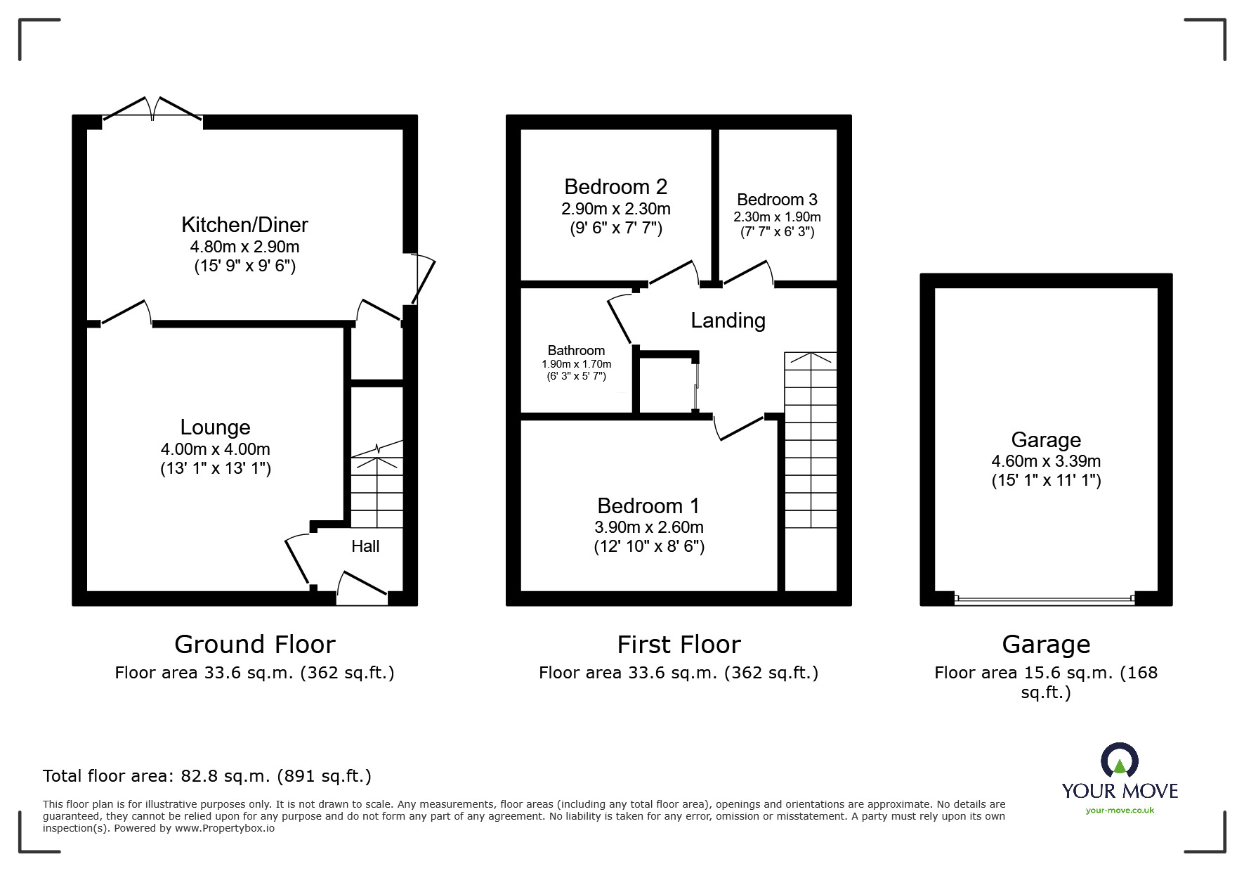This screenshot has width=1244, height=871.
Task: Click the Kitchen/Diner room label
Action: [244, 225]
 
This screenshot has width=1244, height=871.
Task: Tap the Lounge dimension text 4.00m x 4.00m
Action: [215, 449]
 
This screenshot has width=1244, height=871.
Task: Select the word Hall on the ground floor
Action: [365, 546]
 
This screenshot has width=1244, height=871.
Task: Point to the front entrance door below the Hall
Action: [362, 589]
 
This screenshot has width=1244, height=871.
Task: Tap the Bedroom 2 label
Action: [615, 187]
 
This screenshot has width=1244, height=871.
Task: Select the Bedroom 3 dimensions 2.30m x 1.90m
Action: [777, 217]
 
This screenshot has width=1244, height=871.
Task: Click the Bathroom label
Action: [576, 351]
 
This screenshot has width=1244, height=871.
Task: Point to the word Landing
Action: [728, 321]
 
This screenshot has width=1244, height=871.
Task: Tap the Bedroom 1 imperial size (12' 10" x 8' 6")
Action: [649, 546]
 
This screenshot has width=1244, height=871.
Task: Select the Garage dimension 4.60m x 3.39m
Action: [1045, 462]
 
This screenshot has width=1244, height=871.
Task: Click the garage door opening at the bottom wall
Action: [1045, 600]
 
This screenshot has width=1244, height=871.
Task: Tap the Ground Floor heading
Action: [255, 645]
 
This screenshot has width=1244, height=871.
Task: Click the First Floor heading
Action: [679, 645]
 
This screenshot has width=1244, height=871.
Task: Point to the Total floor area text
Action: [207, 776]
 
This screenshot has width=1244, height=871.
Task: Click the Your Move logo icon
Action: [1119, 761]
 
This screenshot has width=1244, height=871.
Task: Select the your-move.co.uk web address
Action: [1120, 811]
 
